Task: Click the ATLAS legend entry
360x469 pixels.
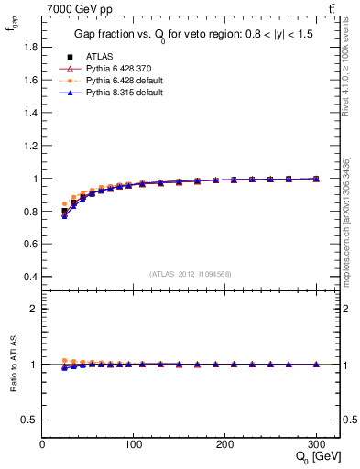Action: pyautogui.click(x=98, y=56)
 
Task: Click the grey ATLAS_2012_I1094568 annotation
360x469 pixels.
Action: pyautogui.click(x=191, y=272)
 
